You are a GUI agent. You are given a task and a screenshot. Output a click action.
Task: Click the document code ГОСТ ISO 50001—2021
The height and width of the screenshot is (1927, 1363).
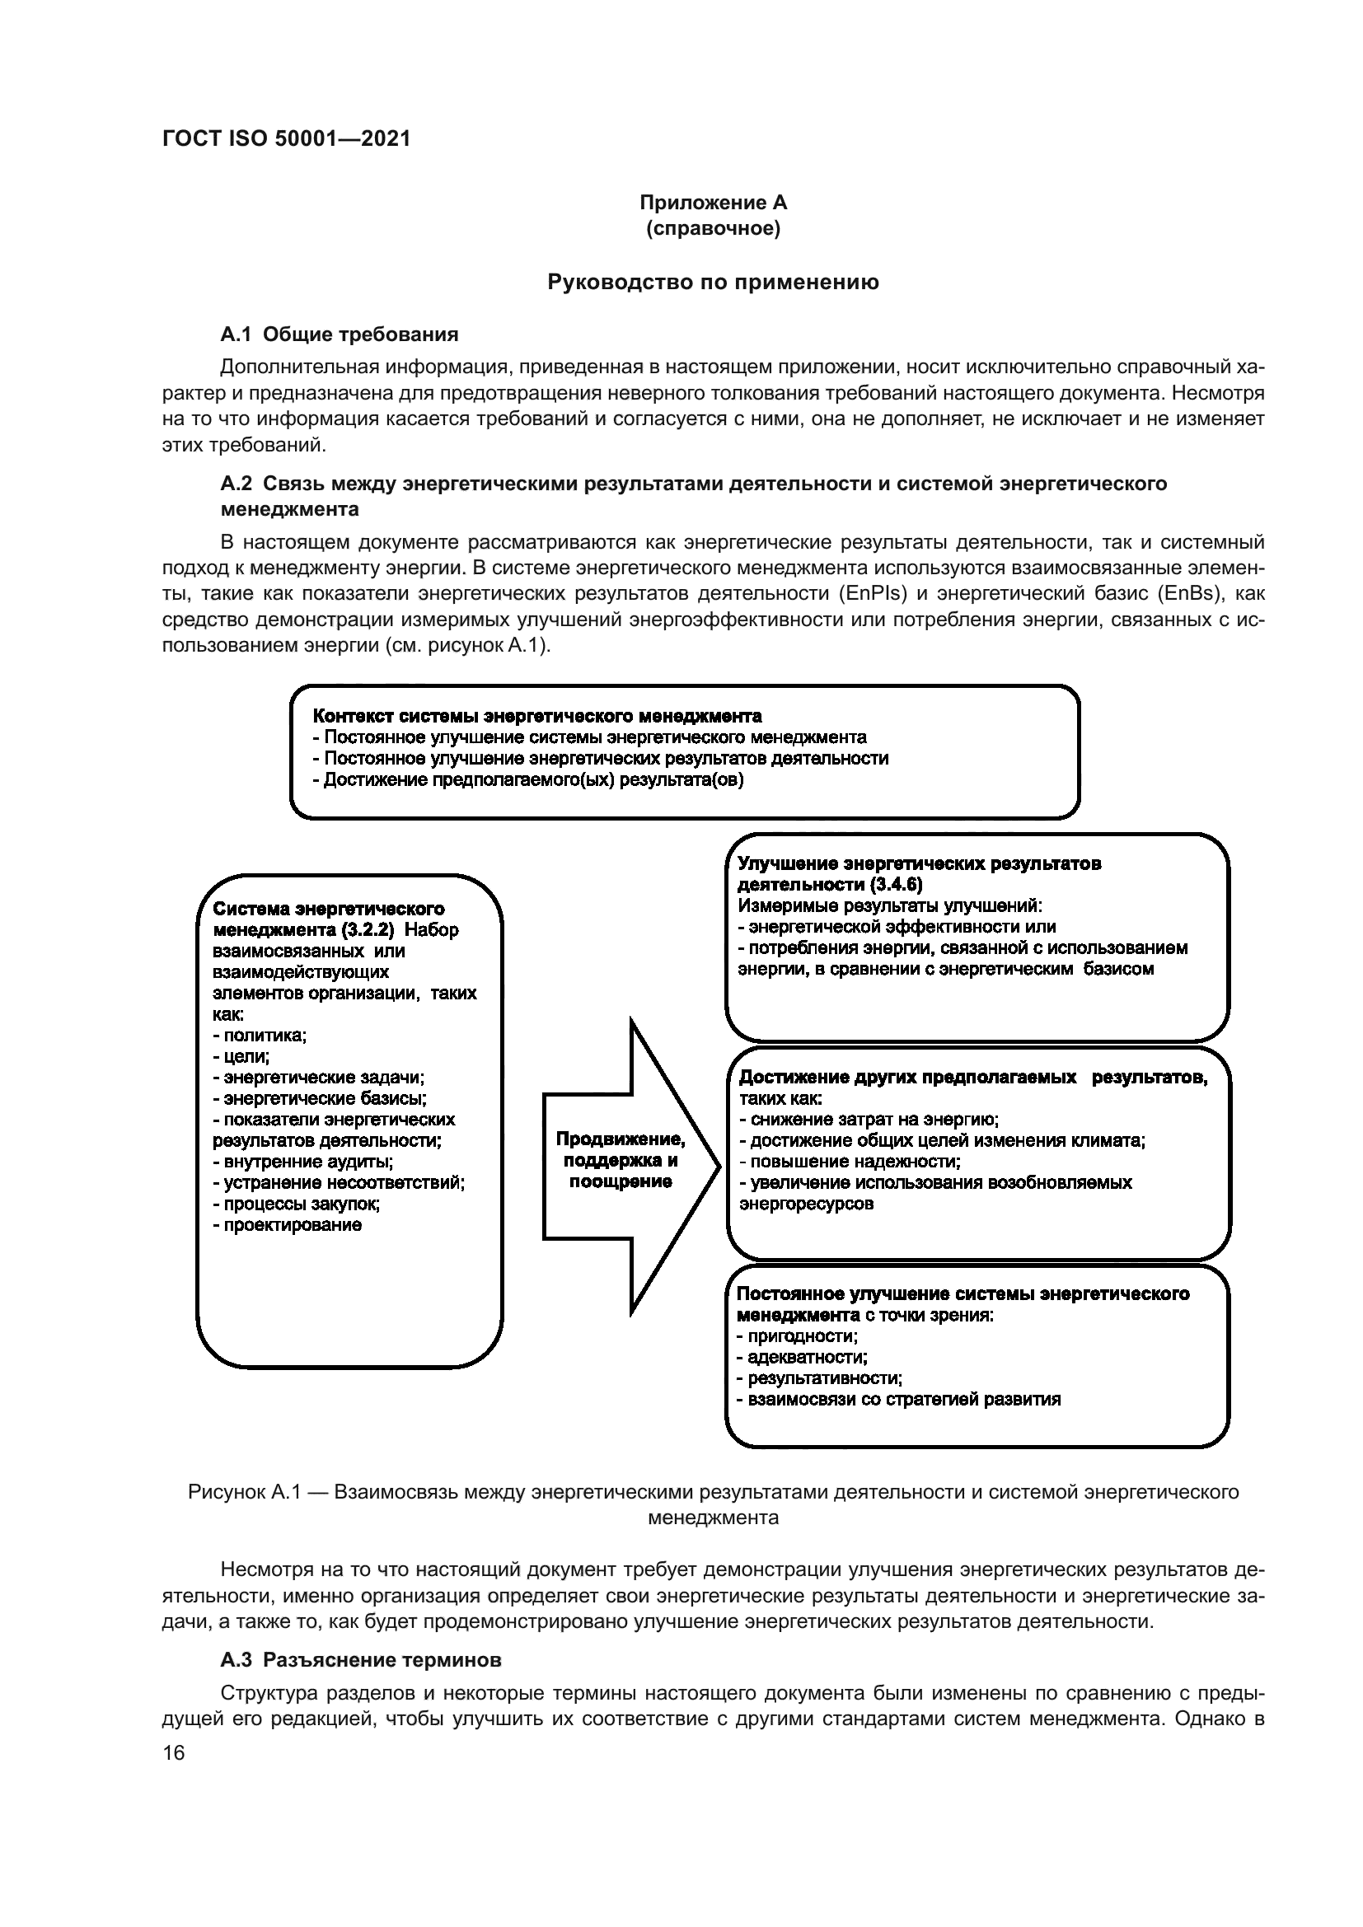286,139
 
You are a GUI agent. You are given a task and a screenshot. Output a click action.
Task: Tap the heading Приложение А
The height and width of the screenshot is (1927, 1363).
713,203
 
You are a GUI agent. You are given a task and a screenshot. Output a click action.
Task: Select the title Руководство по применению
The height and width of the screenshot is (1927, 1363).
713,283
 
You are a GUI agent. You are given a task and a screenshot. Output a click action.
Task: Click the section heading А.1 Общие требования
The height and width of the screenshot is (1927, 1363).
339,334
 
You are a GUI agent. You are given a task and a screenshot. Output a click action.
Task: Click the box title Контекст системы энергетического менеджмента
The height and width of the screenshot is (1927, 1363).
537,716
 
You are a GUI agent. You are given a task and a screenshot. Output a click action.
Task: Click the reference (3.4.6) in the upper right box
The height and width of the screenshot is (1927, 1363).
896,885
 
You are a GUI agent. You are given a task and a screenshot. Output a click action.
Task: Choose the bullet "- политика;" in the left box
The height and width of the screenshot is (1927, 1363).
260,1035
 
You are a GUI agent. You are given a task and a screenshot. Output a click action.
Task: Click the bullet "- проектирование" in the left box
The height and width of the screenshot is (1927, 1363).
287,1224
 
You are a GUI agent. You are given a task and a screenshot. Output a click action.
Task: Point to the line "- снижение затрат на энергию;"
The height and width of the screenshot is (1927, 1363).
869,1119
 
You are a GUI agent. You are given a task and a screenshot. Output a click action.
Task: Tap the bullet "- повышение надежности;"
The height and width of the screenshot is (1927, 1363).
850,1162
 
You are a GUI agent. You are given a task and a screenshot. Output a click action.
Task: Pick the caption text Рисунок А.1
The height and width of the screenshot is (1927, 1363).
244,1491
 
